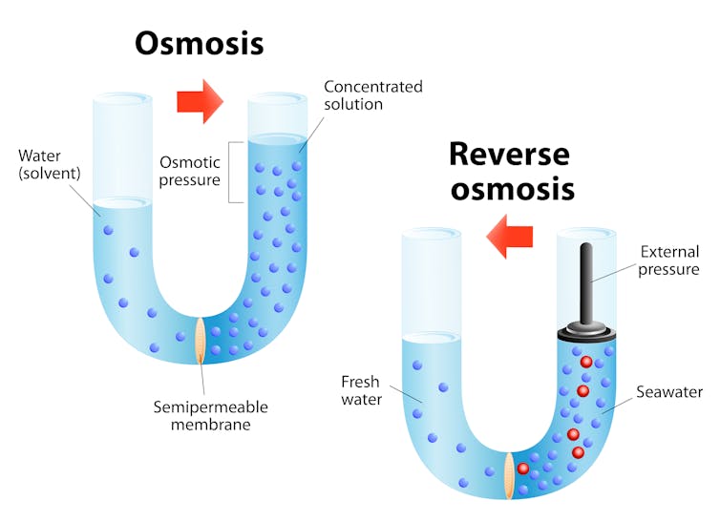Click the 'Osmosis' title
[x=199, y=43]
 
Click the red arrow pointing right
[x=200, y=100]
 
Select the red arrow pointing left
[x=508, y=237]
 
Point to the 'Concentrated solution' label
[x=372, y=94]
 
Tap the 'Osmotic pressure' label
[x=189, y=170]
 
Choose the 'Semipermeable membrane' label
[x=211, y=415]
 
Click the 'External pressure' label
[x=669, y=260]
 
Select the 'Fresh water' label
[x=361, y=390]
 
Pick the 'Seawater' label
[x=670, y=392]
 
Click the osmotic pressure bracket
[x=233, y=170]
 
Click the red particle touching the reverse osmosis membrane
[x=523, y=469]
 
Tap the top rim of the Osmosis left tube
[x=122, y=97]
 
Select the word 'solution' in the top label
[x=353, y=103]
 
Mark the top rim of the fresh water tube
[x=432, y=233]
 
